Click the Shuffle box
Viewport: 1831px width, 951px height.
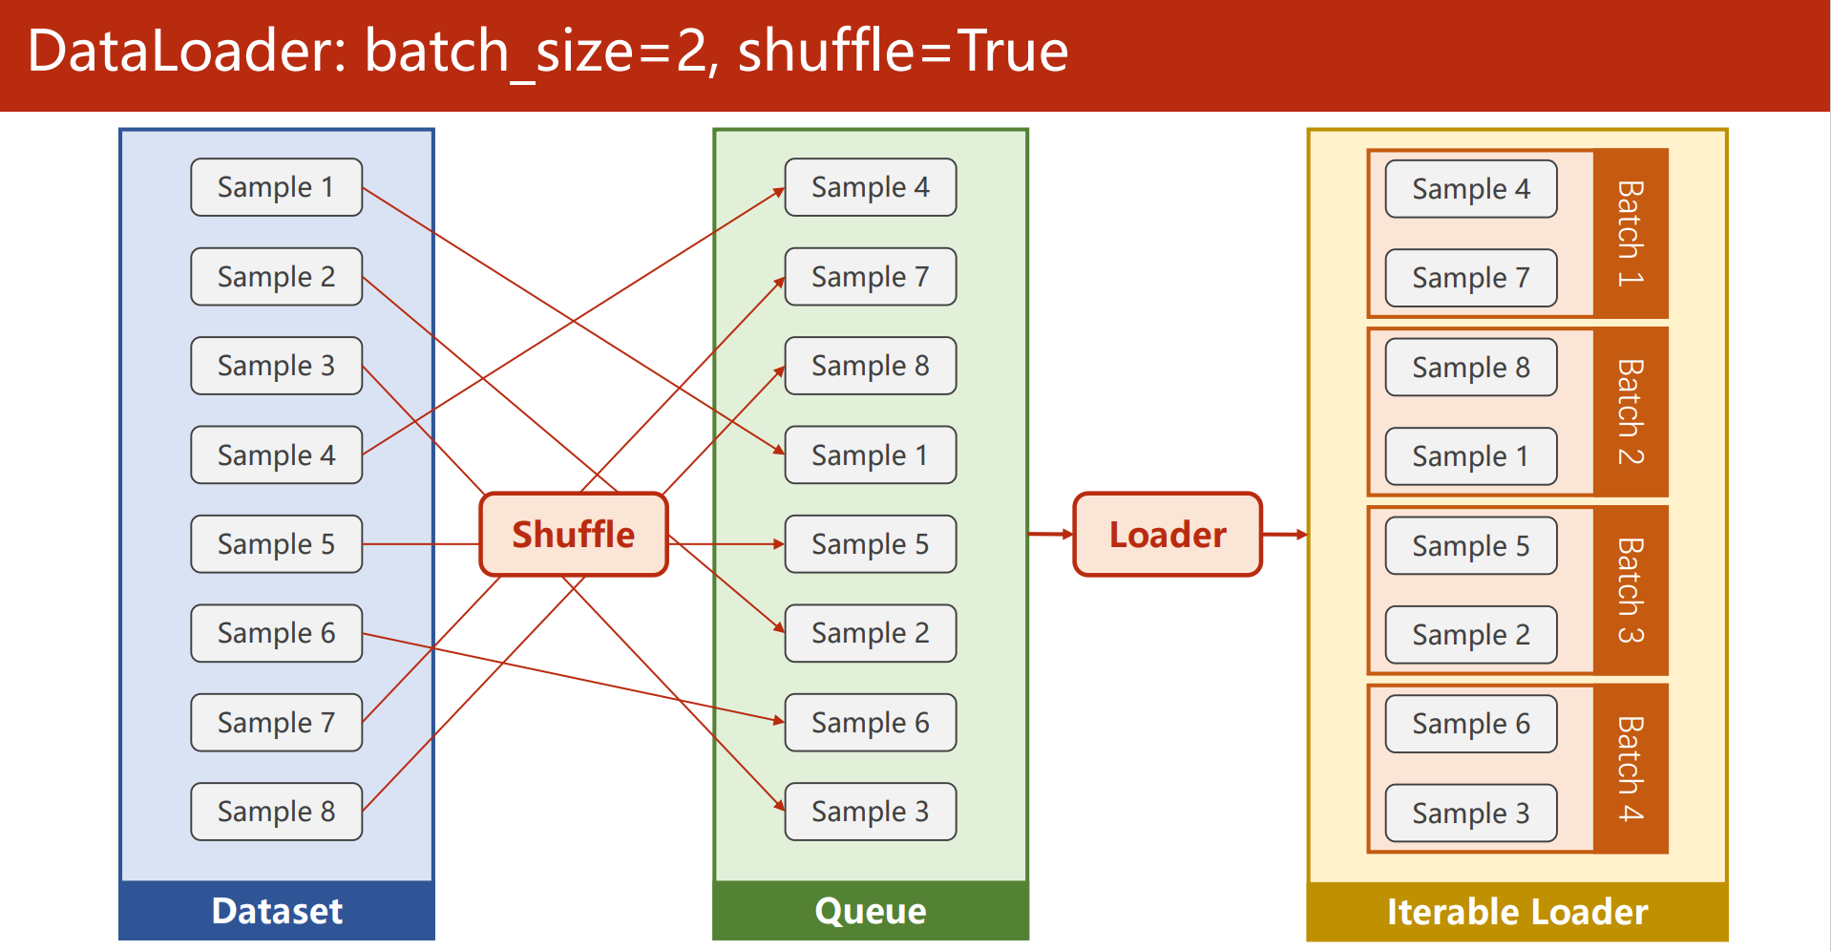574,535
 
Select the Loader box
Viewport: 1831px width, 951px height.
1168,535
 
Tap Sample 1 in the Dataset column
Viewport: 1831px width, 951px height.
277,187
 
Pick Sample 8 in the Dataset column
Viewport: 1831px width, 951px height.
277,812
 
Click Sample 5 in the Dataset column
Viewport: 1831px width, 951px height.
277,544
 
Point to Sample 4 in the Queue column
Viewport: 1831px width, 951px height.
871,187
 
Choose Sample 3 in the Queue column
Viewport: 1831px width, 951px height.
871,812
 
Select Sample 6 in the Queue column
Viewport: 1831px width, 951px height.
871,723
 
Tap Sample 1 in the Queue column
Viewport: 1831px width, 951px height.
871,454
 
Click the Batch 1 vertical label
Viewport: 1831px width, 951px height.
1631,234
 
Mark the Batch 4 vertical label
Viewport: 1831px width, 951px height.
1631,769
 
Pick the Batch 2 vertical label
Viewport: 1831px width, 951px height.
1631,412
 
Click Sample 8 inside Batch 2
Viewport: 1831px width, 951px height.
1471,368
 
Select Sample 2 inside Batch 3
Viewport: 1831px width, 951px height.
1471,635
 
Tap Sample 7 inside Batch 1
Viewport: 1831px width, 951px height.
1471,278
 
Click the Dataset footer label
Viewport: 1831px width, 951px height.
277,911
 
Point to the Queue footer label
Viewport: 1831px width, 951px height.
871,911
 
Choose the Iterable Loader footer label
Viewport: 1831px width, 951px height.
1518,912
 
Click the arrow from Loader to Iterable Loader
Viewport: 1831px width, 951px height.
1285,535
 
